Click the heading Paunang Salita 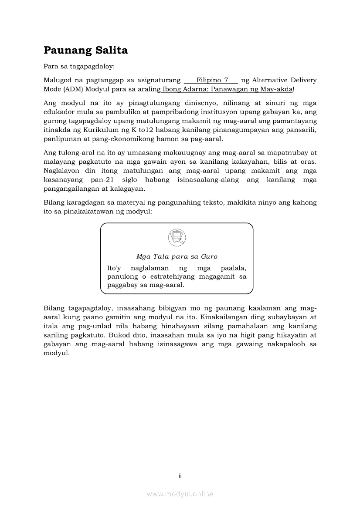click(x=85, y=51)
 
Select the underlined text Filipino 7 click(x=212, y=80)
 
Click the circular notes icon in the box click(x=177, y=238)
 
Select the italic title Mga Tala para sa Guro click(x=177, y=256)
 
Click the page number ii click(x=180, y=476)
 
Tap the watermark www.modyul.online click(x=180, y=494)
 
